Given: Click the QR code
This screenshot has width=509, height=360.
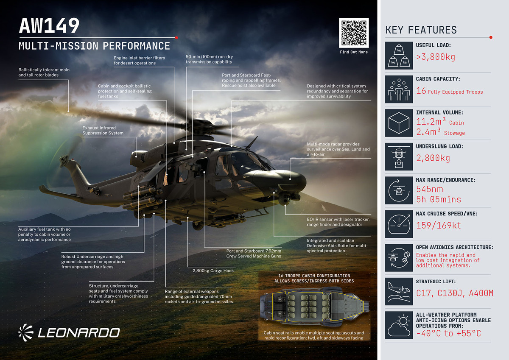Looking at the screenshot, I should tap(354, 33).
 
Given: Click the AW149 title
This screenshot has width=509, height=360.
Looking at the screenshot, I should tap(49, 26).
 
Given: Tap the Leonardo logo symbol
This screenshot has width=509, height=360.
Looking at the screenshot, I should tap(26, 332).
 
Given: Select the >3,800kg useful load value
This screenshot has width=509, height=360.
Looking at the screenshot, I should tap(436, 57).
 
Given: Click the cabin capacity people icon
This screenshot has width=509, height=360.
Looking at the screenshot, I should tap(399, 89).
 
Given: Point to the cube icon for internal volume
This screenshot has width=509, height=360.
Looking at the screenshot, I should tap(399, 123).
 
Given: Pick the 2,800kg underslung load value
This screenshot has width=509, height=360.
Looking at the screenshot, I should tap(433, 158).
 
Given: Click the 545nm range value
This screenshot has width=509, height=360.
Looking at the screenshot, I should tap(430, 189).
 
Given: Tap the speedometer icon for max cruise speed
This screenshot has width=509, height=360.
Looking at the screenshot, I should tap(399, 224).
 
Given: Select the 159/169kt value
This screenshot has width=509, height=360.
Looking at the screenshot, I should tap(438, 226).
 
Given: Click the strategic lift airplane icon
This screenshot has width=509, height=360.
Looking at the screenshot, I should tap(399, 291).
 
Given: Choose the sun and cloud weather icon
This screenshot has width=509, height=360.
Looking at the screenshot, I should tap(399, 325).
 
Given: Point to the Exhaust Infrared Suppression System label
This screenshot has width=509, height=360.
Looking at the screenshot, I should tap(103, 130).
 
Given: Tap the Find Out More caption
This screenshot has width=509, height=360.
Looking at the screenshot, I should tap(354, 52).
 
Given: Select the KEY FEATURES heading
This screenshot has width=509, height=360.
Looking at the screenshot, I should tap(421, 30).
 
